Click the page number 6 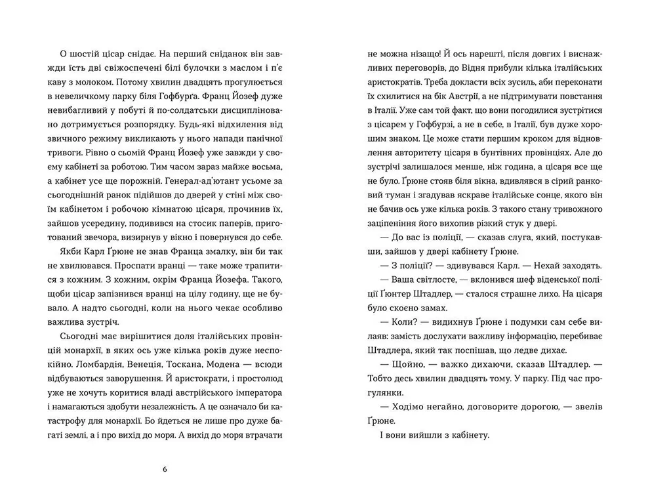pyautogui.click(x=165, y=470)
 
